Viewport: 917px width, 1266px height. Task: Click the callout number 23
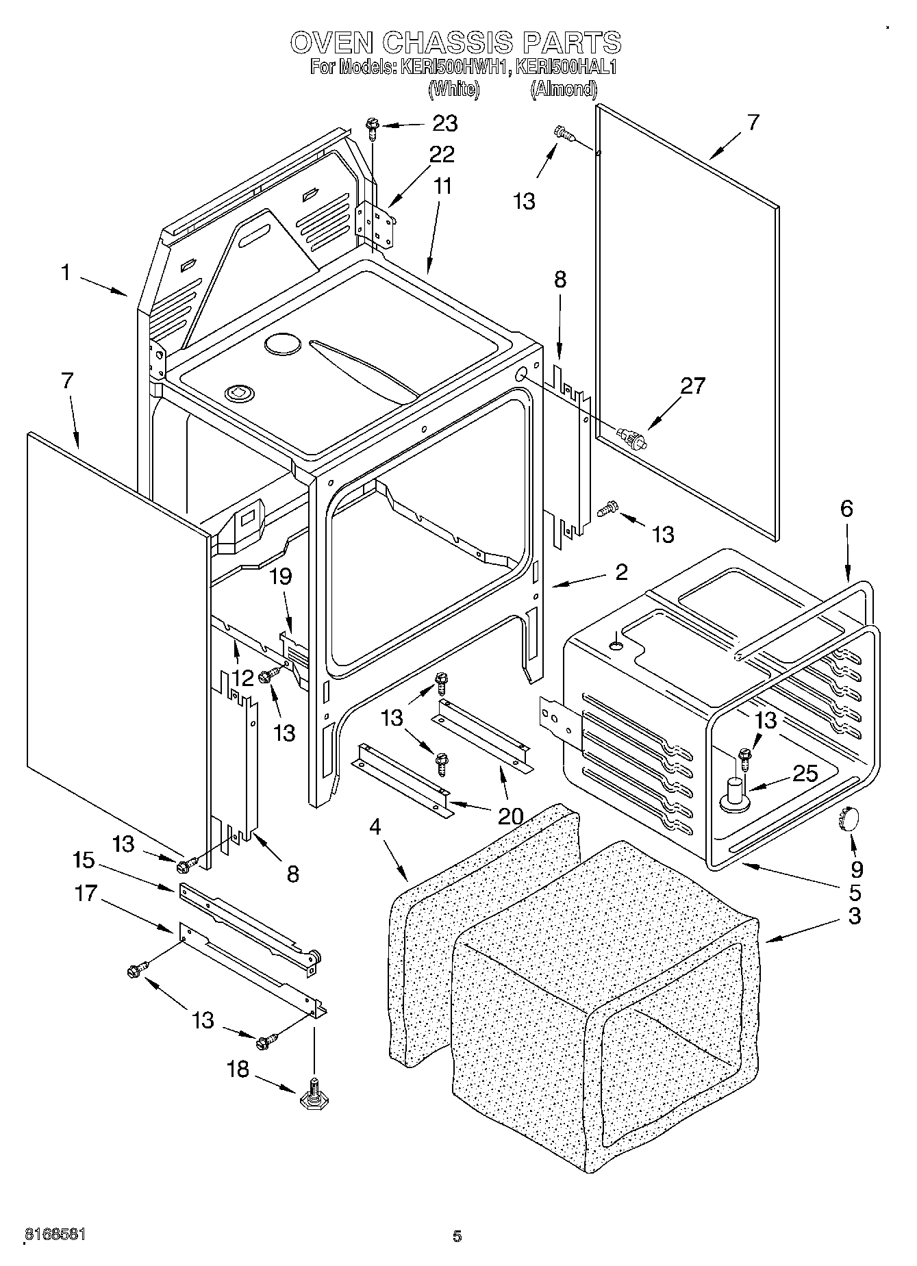444,123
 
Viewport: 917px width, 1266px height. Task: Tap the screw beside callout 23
372,125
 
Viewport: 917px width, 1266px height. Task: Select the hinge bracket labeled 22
375,224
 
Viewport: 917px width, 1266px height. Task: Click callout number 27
692,386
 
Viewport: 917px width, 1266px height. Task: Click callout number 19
279,577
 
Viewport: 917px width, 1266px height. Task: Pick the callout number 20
510,816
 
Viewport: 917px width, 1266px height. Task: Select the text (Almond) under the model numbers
563,89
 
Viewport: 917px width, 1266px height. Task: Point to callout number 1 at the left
65,273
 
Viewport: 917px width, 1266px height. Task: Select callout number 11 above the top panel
443,186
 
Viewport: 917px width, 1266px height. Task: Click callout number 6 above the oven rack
846,508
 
